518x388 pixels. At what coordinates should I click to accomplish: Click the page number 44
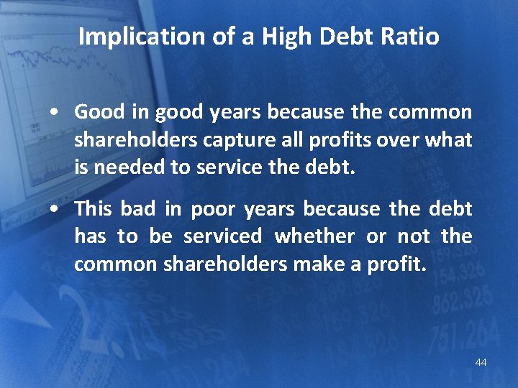[x=481, y=362]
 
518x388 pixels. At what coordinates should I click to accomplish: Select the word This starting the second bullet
[x=94, y=209]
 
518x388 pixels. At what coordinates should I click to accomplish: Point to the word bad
[x=137, y=209]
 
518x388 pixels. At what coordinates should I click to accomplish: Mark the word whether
[x=314, y=236]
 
